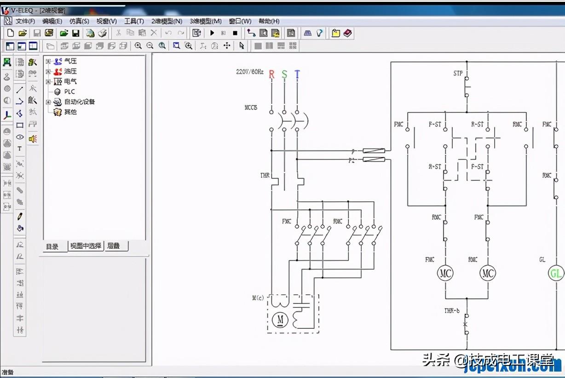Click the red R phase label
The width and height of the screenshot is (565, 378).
pos(271,74)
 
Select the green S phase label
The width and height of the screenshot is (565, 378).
pos(284,74)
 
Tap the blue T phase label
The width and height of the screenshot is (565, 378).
pos(297,74)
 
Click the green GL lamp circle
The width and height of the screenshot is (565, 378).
pos(556,274)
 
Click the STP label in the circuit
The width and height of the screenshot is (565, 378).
pos(458,74)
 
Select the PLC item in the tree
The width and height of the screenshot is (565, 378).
pos(69,92)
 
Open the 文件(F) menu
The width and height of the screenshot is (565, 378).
pos(25,21)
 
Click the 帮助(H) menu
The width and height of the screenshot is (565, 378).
pos(269,21)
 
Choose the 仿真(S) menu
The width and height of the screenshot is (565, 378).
pos(79,21)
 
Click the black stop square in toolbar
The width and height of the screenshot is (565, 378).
pos(235,33)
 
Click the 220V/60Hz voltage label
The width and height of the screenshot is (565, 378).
pos(249,72)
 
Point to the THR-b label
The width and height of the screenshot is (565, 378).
pos(452,311)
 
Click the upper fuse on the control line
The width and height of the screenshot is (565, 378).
pos(373,151)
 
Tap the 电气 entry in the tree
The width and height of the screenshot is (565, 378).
pos(70,81)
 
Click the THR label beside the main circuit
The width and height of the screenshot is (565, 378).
pos(265,175)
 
